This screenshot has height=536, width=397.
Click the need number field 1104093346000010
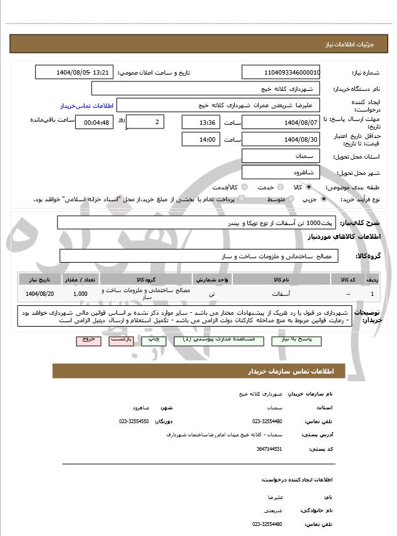tap(281, 73)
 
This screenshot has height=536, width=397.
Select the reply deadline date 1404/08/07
tap(281, 122)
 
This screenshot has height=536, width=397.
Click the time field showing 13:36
tap(202, 122)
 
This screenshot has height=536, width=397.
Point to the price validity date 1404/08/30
tap(281, 139)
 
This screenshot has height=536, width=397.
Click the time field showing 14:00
tap(202, 139)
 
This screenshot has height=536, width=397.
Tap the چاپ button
tap(153, 339)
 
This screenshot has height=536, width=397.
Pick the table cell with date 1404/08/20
tap(41, 293)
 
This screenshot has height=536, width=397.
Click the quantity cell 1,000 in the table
tap(80, 293)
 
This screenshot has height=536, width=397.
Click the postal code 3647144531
tap(269, 449)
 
